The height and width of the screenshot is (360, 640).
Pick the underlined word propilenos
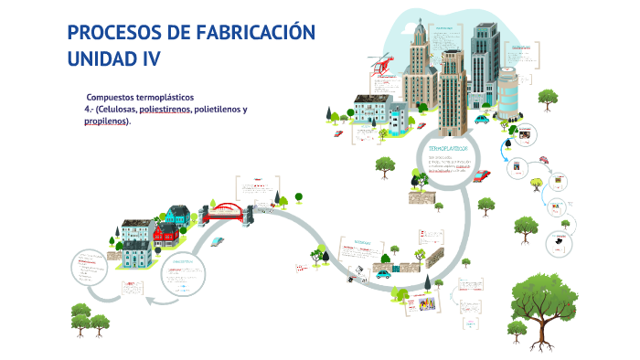tap(105, 121)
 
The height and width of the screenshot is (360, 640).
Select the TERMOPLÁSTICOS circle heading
tap(448, 147)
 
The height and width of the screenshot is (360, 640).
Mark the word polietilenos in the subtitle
tap(217, 109)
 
